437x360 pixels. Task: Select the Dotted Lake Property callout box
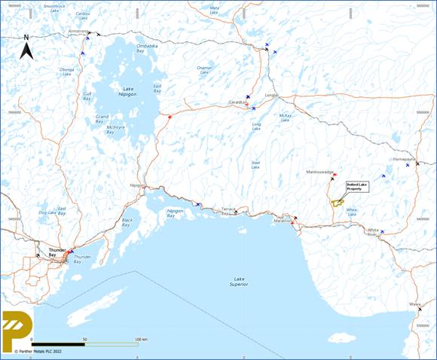tap(355, 186)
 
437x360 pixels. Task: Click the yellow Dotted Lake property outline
tap(338, 202)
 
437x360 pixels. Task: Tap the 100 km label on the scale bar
tap(140, 340)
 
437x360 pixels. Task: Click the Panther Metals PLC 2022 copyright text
tap(38, 351)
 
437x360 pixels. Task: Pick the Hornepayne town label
tap(404, 159)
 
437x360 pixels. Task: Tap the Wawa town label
tap(414, 304)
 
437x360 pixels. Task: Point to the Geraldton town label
tap(238, 102)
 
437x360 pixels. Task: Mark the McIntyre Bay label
tap(116, 128)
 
